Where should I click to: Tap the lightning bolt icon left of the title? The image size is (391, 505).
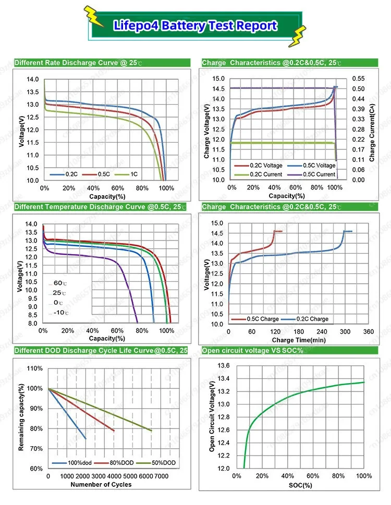(95, 17)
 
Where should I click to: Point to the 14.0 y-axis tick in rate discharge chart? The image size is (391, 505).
(32, 79)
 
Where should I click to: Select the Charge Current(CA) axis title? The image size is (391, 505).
(372, 130)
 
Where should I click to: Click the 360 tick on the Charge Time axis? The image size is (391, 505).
(368, 332)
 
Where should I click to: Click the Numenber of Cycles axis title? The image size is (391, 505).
(101, 485)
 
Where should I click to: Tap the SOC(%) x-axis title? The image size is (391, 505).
(300, 485)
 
